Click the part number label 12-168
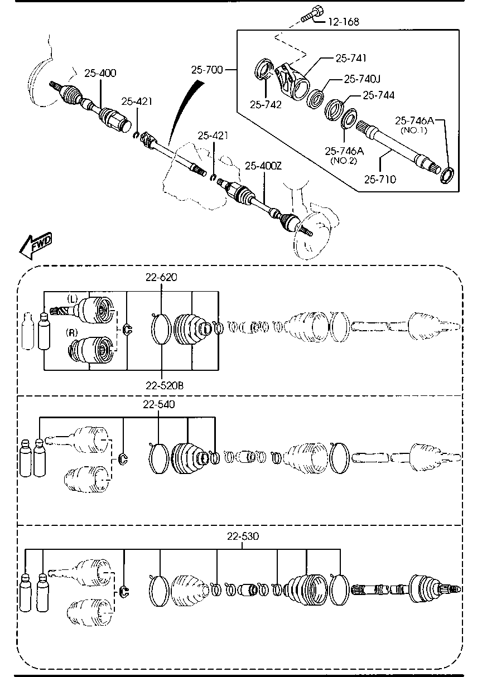click(344, 22)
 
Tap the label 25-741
click(351, 58)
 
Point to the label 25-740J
click(362, 79)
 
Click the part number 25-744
click(379, 95)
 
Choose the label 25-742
click(266, 105)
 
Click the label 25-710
click(380, 180)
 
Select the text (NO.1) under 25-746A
click(414, 130)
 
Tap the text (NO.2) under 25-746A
click(344, 161)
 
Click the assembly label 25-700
click(207, 70)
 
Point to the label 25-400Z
click(263, 166)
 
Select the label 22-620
click(161, 277)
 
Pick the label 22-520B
click(165, 386)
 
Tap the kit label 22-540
click(159, 404)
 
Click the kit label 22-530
click(243, 536)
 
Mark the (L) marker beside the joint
click(73, 299)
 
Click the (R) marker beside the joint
click(72, 333)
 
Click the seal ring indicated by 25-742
click(263, 70)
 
